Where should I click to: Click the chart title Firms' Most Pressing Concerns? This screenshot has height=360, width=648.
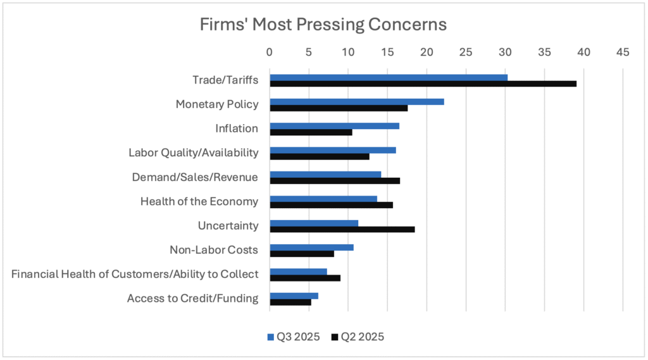(323, 25)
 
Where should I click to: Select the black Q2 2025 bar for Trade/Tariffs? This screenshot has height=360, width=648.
(423, 84)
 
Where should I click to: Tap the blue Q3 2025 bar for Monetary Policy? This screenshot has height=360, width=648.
(357, 102)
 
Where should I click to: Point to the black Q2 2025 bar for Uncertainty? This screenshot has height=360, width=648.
(342, 229)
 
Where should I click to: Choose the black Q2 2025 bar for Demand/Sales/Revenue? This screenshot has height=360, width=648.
(335, 180)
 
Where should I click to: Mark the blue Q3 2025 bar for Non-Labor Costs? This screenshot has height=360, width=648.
(311, 247)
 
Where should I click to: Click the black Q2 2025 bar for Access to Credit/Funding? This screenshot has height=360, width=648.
(290, 302)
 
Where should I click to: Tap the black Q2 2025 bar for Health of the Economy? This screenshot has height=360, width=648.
(331, 204)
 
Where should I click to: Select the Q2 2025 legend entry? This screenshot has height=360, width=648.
(358, 337)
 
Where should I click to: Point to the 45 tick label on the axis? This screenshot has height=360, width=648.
(623, 52)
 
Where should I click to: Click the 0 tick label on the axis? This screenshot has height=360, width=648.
(270, 52)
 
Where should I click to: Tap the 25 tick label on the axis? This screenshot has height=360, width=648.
(466, 52)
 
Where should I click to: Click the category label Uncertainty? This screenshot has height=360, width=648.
(228, 226)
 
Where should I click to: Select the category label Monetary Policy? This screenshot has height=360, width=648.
(216, 104)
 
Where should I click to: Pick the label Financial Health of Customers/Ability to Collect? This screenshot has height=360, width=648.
(135, 274)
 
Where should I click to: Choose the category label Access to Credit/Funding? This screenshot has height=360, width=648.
(192, 298)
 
